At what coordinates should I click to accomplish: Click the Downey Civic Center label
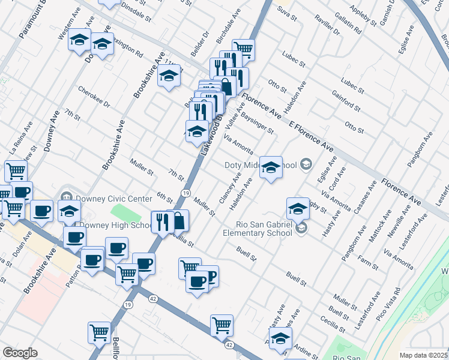(112, 199)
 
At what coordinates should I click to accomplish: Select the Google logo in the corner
(19, 353)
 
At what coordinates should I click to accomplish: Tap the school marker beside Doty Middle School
(271, 167)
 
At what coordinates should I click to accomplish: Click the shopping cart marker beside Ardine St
(221, 326)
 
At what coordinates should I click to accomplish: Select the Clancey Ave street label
(230, 188)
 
